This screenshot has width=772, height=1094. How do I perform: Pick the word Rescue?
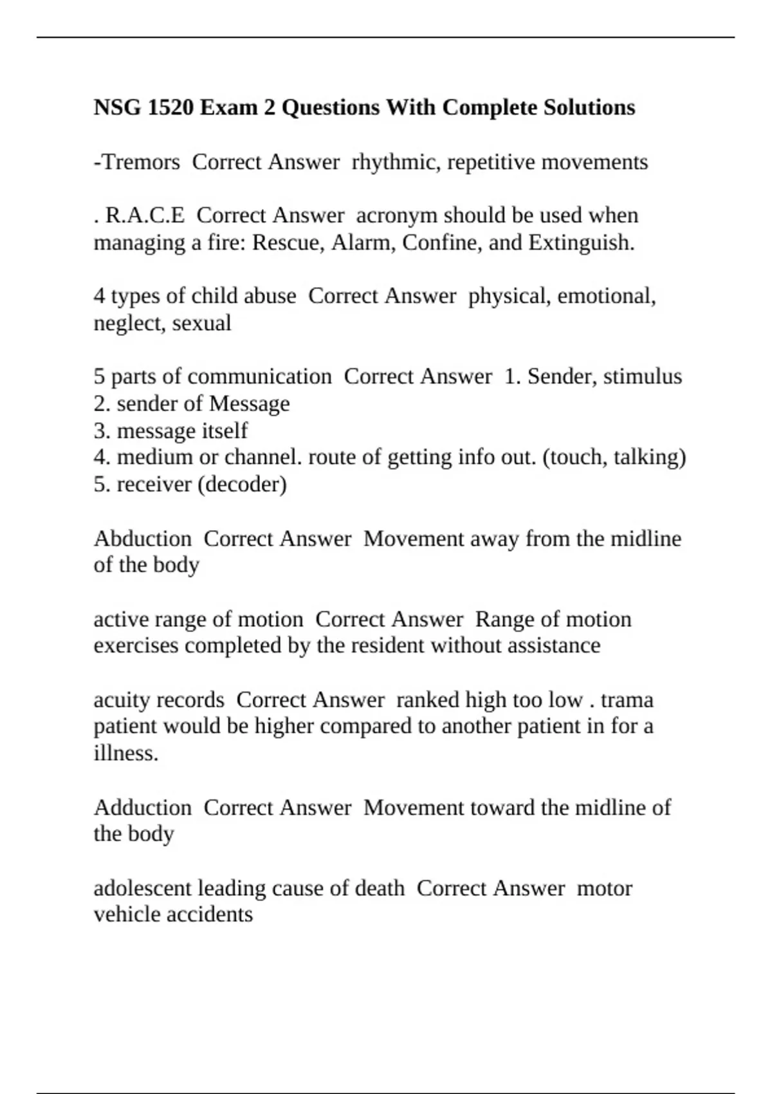[x=288, y=243]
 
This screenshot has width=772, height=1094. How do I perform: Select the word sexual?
[x=201, y=323]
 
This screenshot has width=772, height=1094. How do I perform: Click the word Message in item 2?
[x=250, y=404]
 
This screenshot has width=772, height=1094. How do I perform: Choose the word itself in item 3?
[x=224, y=431]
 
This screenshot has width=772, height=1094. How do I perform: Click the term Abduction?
[x=143, y=539]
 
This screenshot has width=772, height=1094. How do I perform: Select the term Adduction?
[x=143, y=808]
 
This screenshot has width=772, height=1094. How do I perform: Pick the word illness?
[x=125, y=753]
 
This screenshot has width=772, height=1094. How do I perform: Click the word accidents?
[x=210, y=914]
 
